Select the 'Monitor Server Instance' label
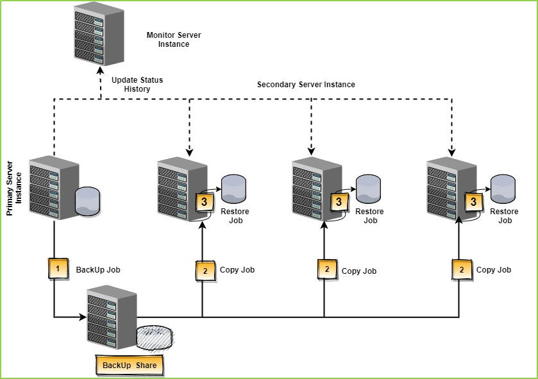click(x=169, y=40)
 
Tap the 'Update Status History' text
click(x=137, y=85)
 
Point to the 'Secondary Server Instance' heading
click(x=306, y=85)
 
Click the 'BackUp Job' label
click(x=98, y=270)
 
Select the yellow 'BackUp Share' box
click(x=130, y=365)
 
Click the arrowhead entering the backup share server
click(x=83, y=317)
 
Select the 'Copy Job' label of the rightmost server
click(x=494, y=270)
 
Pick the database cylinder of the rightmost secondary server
click(x=503, y=188)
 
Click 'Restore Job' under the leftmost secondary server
click(x=235, y=216)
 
